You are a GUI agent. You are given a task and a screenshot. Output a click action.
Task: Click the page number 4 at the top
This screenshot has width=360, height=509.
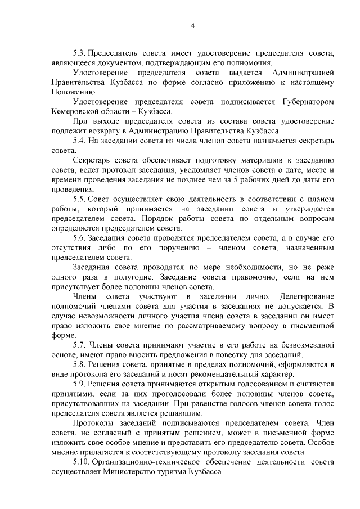[x=193, y=25]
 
